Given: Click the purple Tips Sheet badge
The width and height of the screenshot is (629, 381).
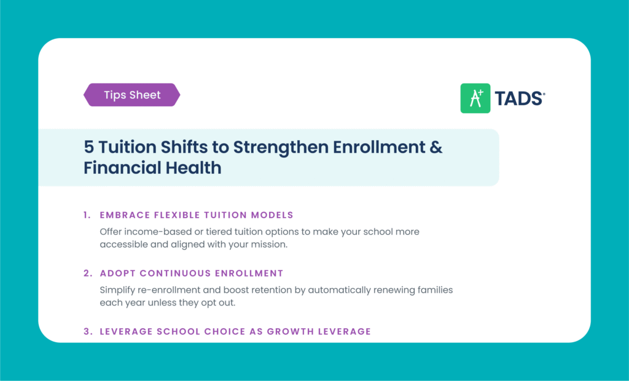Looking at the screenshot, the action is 132,95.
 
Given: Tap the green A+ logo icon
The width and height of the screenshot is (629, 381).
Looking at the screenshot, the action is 475,98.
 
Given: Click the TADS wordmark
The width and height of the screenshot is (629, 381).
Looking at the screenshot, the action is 520,98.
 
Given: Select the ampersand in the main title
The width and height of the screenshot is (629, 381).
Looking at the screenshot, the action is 436,147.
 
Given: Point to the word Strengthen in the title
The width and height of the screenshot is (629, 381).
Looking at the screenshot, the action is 280,147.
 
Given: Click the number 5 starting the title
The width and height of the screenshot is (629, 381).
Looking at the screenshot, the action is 88,147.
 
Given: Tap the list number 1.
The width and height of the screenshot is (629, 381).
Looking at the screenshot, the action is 87,215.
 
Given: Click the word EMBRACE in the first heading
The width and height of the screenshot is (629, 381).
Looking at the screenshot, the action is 125,215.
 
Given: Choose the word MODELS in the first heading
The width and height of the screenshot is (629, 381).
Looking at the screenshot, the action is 272,215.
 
